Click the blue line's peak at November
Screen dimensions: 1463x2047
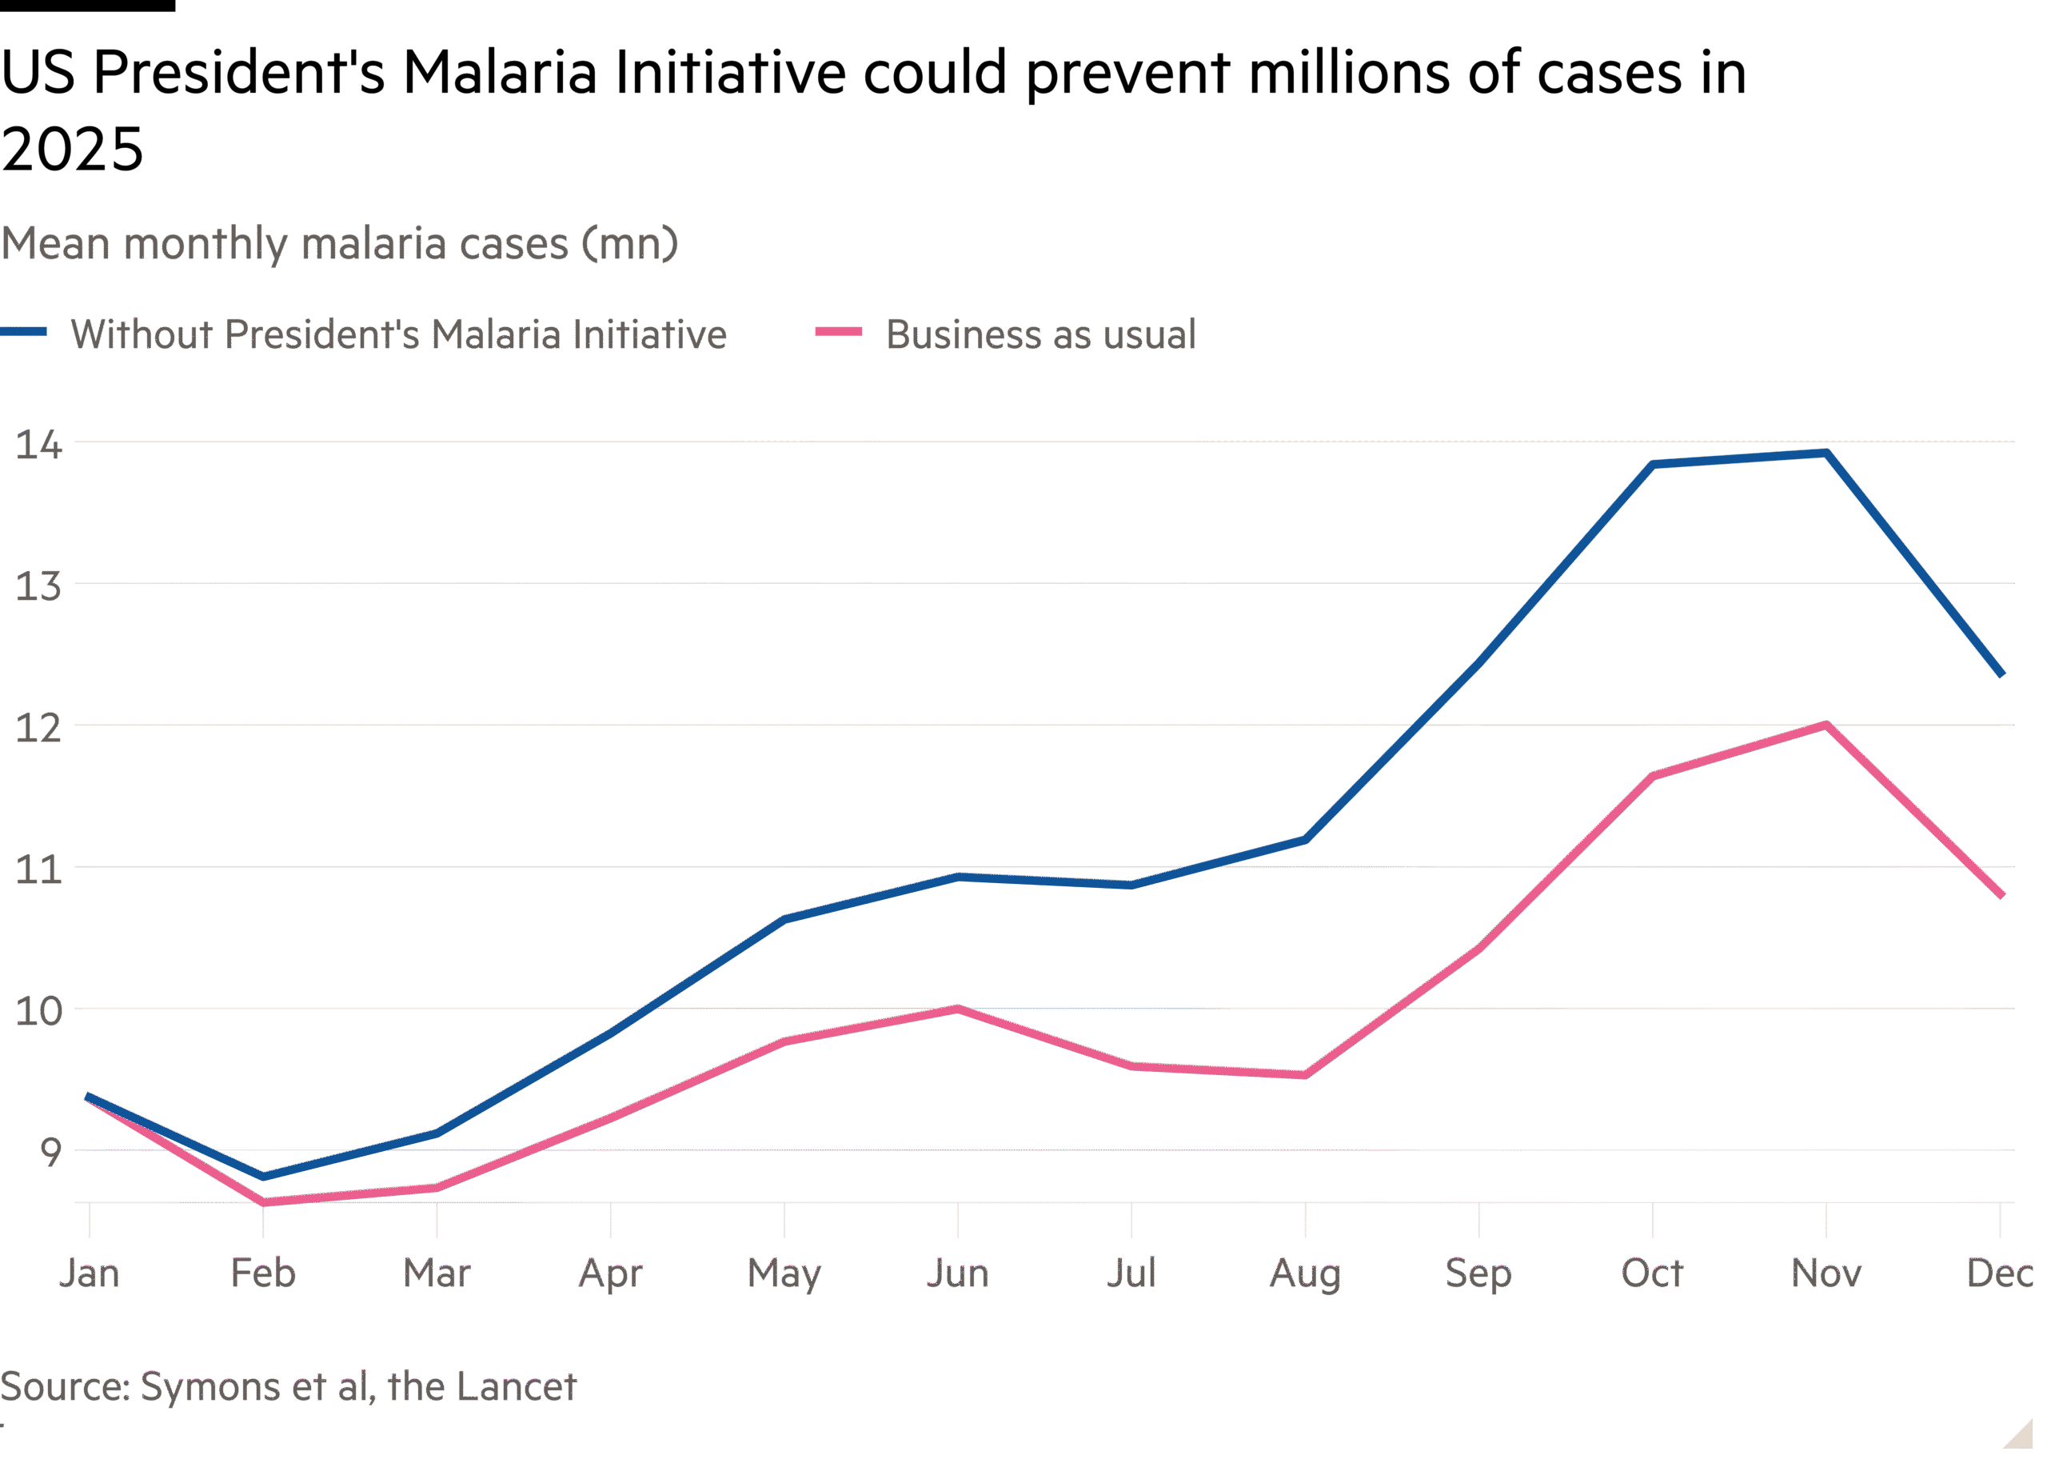click(x=1826, y=453)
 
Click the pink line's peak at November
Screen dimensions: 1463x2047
click(x=1826, y=726)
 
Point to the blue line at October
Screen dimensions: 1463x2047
click(x=1653, y=465)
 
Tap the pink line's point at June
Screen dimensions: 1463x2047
click(x=958, y=1009)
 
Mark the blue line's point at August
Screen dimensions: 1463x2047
click(x=1305, y=840)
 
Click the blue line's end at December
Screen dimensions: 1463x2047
click(x=2001, y=674)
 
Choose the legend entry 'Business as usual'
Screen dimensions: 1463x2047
click(x=1040, y=334)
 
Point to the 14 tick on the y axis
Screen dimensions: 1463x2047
click(x=38, y=444)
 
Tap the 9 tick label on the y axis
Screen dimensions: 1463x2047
click(x=50, y=1151)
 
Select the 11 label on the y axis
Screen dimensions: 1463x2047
click(x=38, y=869)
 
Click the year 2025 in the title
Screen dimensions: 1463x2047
click(x=72, y=150)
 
